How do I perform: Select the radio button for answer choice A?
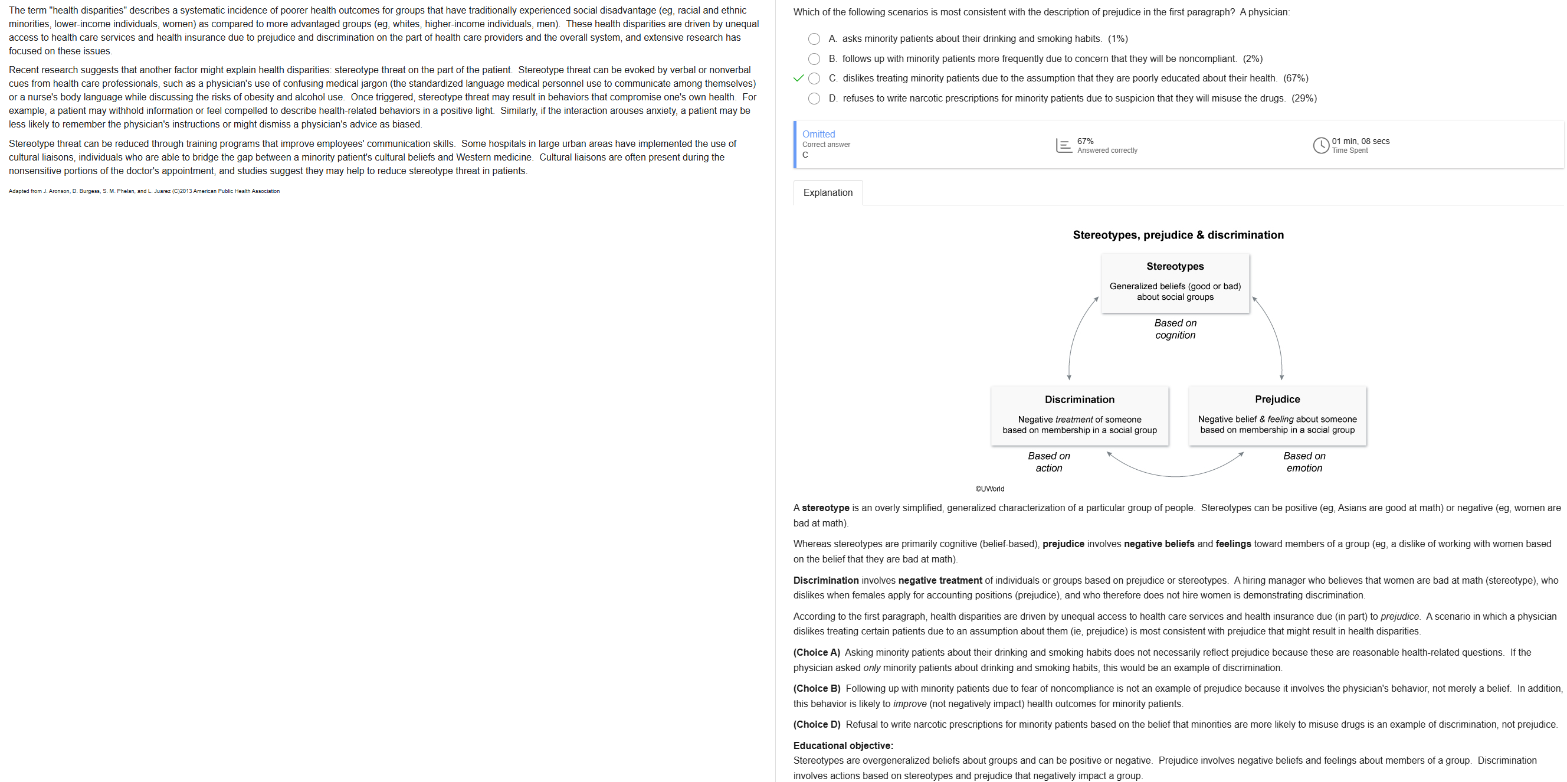click(814, 39)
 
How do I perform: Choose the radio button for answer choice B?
click(814, 59)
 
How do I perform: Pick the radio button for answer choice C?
click(814, 78)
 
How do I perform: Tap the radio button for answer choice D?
click(814, 99)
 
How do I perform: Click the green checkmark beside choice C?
click(799, 78)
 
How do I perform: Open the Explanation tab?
click(827, 193)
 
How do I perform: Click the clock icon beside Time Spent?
click(1320, 145)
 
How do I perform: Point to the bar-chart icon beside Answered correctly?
click(1064, 145)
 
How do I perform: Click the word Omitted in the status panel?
click(818, 134)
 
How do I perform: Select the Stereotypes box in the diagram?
click(1175, 283)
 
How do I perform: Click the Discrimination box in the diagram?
click(1079, 415)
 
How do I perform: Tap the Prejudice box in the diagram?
click(1277, 415)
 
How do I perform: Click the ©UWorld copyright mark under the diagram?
click(990, 489)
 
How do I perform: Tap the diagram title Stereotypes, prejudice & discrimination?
click(1178, 235)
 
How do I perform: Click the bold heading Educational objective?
click(842, 745)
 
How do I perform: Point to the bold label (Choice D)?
click(817, 724)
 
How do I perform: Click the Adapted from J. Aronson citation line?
click(144, 191)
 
